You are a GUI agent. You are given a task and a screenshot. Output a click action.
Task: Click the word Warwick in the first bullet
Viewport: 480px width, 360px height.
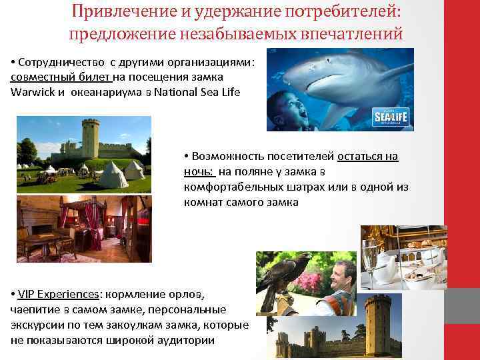[x=31, y=92]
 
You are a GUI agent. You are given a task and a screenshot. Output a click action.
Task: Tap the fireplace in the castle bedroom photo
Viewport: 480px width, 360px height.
[x=39, y=233]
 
